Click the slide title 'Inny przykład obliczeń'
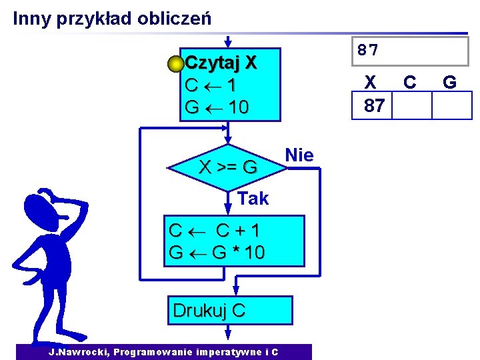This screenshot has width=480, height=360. (112, 18)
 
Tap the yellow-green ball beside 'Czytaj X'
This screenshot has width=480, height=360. (175, 65)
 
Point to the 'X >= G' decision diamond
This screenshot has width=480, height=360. (228, 167)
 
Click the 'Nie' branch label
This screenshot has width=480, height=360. (299, 155)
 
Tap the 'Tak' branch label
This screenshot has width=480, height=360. (253, 198)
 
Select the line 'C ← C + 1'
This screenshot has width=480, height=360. (215, 231)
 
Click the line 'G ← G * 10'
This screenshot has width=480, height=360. (217, 253)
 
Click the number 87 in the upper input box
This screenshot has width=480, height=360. (367, 50)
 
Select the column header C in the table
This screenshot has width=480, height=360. (410, 82)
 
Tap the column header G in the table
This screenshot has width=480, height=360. (449, 82)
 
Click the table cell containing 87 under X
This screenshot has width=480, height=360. (372, 105)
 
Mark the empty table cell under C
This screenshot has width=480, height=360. (411, 105)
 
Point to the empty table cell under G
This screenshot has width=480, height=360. (451, 105)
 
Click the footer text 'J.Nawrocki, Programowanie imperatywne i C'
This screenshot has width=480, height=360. (163, 352)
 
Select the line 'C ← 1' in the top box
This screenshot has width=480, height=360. (210, 85)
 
